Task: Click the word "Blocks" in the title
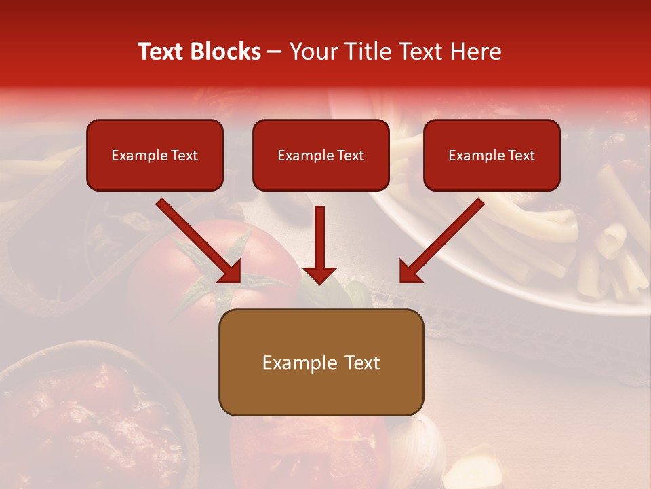click(x=225, y=52)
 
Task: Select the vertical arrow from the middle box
click(x=319, y=238)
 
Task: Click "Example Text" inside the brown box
click(x=321, y=363)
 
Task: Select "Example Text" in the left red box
click(x=155, y=156)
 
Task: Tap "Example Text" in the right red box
click(x=492, y=156)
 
